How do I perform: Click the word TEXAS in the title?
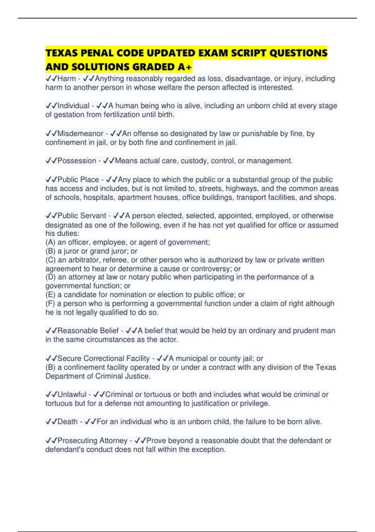tap(62, 53)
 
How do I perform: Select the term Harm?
tap(67, 79)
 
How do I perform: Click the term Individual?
tap(73, 106)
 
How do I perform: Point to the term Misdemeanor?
tap(80, 134)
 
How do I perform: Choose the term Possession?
tap(77, 161)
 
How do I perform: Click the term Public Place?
tap(78, 180)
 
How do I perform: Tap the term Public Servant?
tap(82, 216)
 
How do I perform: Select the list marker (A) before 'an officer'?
tap(51, 242)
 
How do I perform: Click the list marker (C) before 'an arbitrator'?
tap(51, 260)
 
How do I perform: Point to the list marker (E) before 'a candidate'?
tap(51, 294)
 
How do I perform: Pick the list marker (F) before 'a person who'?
tap(51, 303)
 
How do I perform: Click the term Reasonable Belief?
tap(88, 331)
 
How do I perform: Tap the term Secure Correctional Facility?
tap(103, 358)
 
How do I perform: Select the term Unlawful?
tap(72, 394)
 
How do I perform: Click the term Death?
tap(67, 422)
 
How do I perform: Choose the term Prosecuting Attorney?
tap(92, 441)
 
